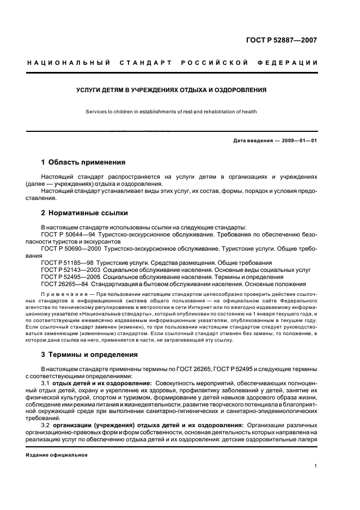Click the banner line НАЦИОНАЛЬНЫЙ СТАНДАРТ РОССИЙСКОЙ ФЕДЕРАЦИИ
pyautogui.click(x=172, y=63)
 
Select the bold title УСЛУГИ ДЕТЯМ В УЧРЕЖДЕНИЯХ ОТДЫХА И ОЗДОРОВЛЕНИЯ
pyautogui.click(x=171, y=89)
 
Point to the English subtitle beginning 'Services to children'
pyautogui.click(x=171, y=112)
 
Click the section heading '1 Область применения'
pyautogui.click(x=83, y=162)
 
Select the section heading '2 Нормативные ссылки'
pyautogui.click(x=84, y=213)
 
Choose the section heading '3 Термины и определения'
pyautogui.click(x=89, y=354)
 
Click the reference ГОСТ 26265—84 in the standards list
pyautogui.click(x=64, y=284)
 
